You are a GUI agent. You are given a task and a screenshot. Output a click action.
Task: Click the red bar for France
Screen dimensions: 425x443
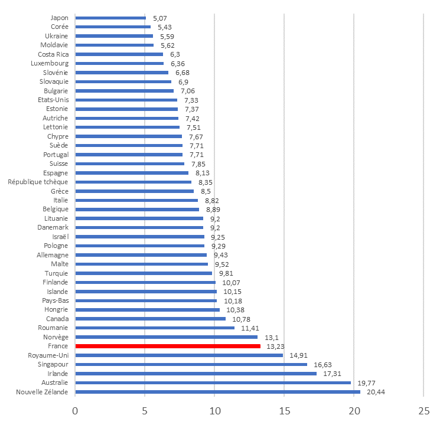click(x=168, y=346)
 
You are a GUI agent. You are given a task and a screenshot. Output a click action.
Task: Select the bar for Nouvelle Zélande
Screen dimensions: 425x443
click(x=217, y=392)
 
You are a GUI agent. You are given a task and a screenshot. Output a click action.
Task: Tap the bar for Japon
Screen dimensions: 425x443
click(x=110, y=18)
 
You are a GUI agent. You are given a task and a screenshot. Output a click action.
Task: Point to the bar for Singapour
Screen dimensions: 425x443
click(x=191, y=364)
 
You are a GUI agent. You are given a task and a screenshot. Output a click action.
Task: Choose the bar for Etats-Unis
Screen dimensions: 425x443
click(x=126, y=100)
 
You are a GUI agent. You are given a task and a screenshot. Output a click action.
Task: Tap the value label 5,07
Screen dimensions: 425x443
click(x=160, y=18)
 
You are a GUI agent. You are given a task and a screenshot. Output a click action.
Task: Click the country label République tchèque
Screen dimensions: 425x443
click(x=38, y=182)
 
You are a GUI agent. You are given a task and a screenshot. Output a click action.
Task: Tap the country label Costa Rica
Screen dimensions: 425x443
click(x=54, y=54)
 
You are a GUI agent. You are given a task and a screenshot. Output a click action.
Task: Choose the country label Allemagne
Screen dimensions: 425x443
click(x=52, y=255)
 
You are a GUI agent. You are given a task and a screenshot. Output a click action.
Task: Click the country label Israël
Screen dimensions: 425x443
click(x=60, y=237)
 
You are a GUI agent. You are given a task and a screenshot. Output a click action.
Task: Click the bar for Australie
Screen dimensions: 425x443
click(x=213, y=382)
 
